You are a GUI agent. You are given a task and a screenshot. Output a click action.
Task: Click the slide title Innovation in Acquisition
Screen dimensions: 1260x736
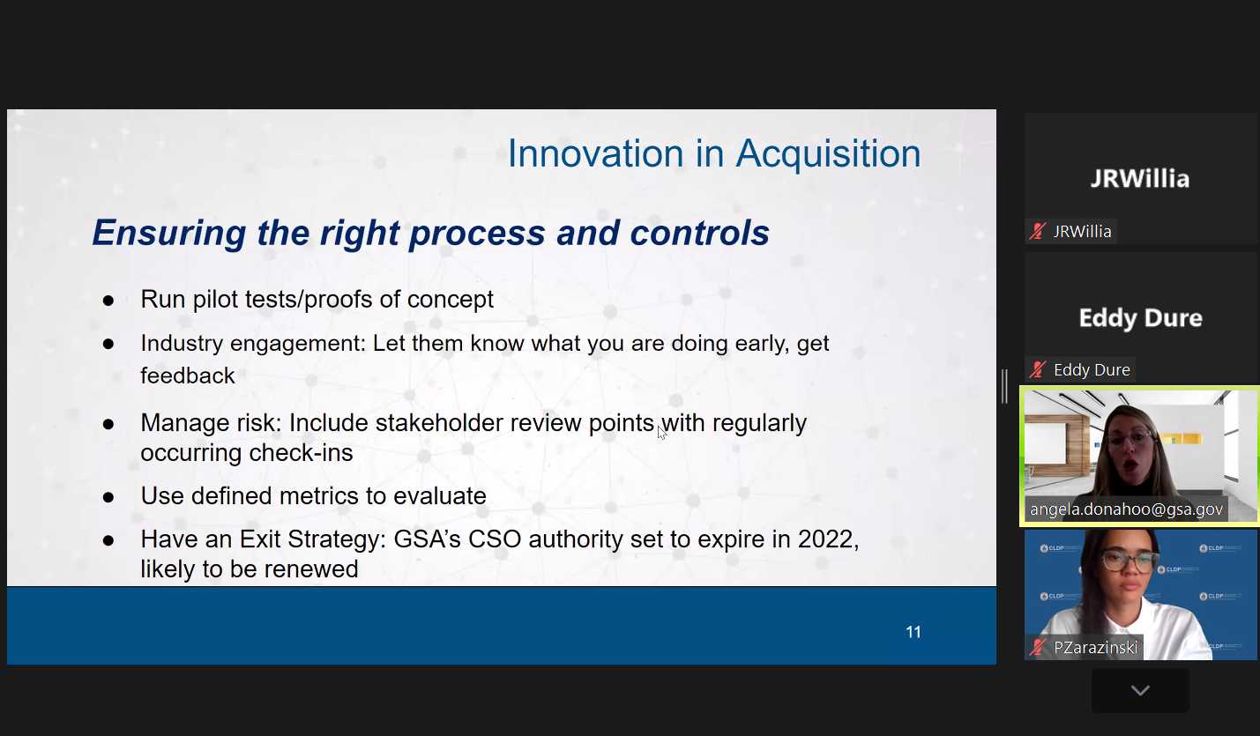(714, 153)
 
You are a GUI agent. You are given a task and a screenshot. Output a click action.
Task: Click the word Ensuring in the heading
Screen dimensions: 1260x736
(169, 234)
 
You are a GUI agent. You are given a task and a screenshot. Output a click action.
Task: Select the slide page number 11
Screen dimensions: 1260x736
(913, 632)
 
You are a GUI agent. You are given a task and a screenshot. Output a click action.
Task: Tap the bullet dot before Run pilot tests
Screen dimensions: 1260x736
(108, 301)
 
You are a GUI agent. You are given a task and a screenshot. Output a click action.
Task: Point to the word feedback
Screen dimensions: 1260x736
(187, 375)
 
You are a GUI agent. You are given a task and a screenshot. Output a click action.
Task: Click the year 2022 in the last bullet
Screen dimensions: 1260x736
(829, 539)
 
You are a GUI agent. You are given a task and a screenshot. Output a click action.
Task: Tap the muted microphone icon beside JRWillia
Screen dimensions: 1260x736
(1038, 231)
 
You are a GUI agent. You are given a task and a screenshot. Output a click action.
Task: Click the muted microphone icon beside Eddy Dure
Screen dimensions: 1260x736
(1038, 369)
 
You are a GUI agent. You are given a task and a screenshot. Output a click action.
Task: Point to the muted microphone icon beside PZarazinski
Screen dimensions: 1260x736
(1038, 647)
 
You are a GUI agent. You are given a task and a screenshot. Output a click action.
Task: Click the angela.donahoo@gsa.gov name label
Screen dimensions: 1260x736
(1126, 509)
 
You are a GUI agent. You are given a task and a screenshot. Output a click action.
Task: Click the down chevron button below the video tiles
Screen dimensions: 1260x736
(1140, 690)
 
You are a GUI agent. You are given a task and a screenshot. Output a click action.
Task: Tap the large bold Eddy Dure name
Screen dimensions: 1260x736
(1141, 317)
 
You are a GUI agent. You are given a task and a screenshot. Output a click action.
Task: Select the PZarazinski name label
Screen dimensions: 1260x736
(1095, 647)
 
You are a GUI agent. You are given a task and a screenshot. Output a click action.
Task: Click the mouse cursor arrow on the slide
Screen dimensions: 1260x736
(661, 433)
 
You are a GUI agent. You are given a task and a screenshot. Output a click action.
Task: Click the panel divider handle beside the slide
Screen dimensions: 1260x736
(1004, 386)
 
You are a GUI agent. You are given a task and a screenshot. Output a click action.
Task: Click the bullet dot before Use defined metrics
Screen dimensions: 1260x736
(108, 498)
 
